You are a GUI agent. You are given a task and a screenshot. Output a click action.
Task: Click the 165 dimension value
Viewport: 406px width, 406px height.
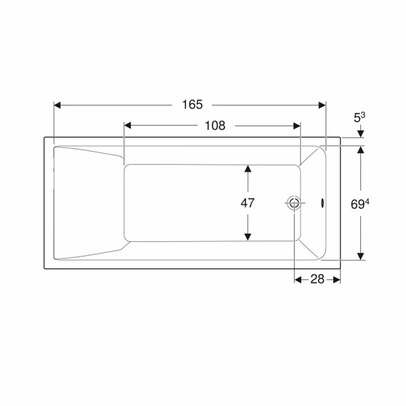pos(192,105)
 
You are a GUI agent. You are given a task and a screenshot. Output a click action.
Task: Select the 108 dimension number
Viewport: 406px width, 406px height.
pos(215,125)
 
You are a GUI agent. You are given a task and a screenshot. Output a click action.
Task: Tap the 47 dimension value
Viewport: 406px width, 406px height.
pos(248,202)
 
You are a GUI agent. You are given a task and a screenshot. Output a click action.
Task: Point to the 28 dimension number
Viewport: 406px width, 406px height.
pos(317,279)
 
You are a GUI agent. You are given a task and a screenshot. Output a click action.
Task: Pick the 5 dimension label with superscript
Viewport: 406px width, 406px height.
pos(359,118)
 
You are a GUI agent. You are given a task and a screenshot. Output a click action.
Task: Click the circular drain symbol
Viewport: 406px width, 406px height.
pos(294,202)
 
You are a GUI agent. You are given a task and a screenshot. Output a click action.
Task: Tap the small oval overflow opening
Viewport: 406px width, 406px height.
pos(322,202)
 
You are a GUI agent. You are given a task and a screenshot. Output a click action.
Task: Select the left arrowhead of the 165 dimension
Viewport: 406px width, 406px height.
pos(57,105)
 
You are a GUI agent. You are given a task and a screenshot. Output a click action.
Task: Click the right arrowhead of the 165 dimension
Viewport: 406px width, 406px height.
pos(322,105)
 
